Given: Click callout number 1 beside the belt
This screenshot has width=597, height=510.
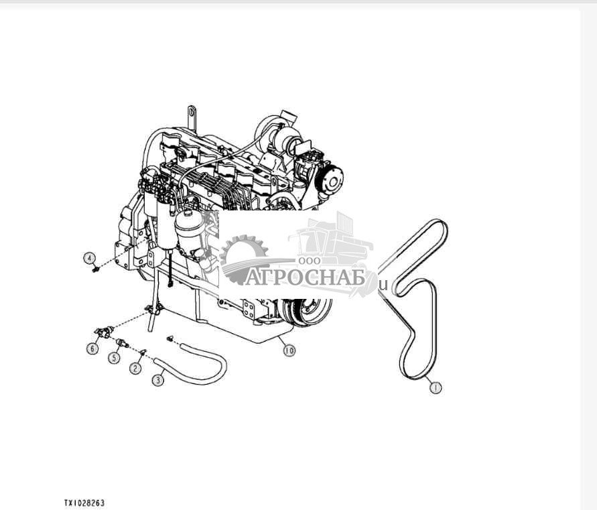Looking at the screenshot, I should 436,387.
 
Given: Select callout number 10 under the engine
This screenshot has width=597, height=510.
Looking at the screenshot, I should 289,350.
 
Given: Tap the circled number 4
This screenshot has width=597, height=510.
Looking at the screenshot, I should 89,257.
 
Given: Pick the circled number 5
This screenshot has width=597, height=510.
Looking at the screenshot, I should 115,358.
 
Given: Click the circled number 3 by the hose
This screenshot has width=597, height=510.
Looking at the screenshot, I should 158,380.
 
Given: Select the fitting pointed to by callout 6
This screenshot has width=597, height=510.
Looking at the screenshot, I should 103,331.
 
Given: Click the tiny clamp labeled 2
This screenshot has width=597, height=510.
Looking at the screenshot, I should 142,351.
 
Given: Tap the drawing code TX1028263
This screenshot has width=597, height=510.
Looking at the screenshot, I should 84,502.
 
